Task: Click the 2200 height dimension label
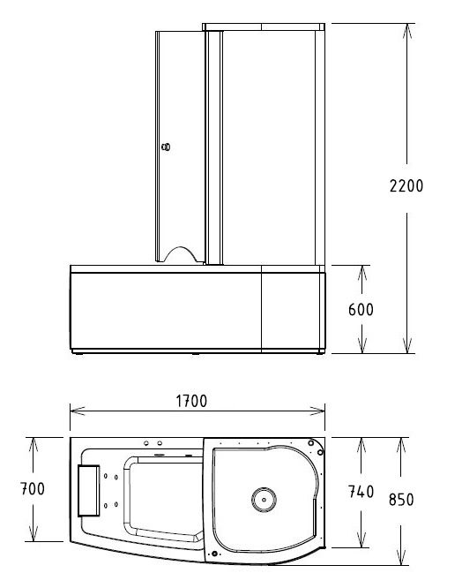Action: [406, 186]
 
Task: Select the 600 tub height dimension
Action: [361, 310]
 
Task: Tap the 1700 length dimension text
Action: [191, 401]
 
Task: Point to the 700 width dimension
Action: [33, 488]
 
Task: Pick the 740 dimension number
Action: [361, 492]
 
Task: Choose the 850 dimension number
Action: [401, 500]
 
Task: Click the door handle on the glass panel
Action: [166, 147]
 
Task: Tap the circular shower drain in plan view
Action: [264, 500]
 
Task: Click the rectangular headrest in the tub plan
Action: [89, 491]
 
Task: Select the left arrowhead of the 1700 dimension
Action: [77, 411]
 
